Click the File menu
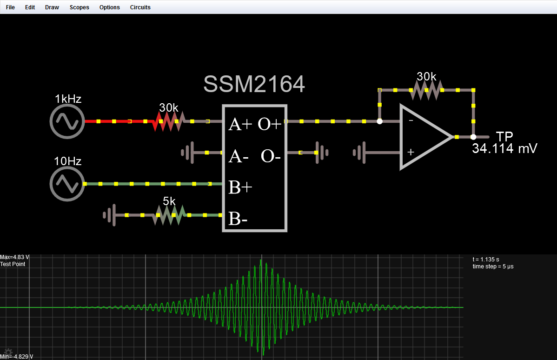point(10,7)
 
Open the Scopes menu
point(79,7)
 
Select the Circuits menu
point(140,7)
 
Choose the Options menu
point(109,7)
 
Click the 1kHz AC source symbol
point(67,121)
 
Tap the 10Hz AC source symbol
point(67,184)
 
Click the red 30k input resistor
point(169,121)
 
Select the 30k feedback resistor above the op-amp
point(426,90)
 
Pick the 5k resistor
point(169,215)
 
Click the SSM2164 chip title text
point(254,84)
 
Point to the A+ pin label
point(240,124)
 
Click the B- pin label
point(238,219)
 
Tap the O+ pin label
point(270,124)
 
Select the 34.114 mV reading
point(504,149)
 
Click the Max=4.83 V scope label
point(15,257)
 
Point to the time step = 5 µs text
point(493,267)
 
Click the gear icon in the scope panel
point(8,352)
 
